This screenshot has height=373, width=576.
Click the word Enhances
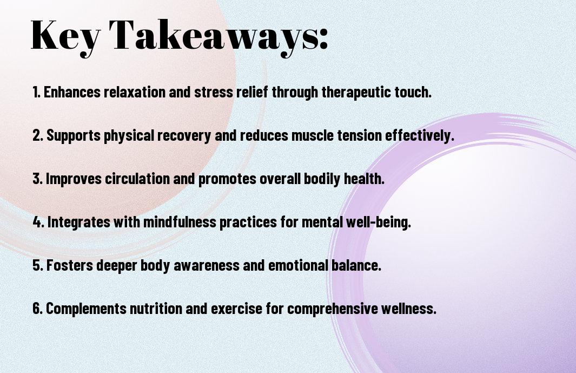[71, 92]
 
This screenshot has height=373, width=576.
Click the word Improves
[74, 179]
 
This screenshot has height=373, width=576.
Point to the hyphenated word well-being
[378, 223]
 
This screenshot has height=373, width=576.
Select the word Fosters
[69, 265]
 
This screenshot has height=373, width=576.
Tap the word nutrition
[156, 309]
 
